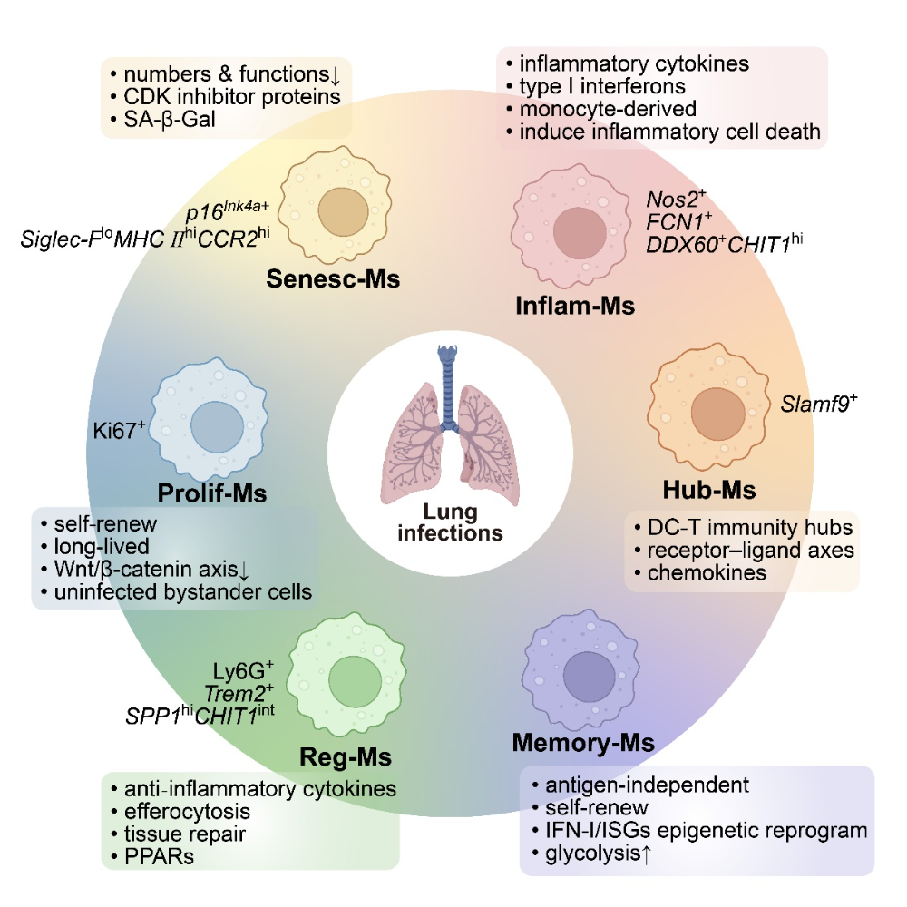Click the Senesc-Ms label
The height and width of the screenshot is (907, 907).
[333, 278]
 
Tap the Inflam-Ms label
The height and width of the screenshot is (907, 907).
[575, 305]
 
